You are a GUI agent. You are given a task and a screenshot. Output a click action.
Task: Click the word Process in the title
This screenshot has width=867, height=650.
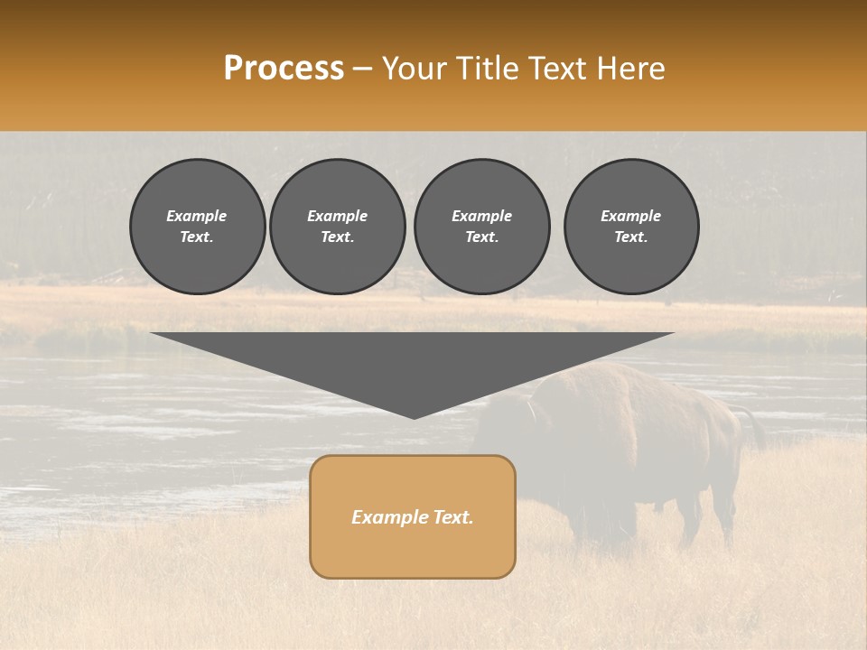pyautogui.click(x=284, y=69)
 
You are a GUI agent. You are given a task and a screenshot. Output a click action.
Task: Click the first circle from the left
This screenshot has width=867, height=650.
pyautogui.click(x=197, y=227)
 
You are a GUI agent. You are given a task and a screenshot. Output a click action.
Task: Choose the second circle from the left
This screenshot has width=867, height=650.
pyautogui.click(x=337, y=227)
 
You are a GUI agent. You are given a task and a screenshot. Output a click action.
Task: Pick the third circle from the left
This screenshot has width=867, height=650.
pyautogui.click(x=481, y=227)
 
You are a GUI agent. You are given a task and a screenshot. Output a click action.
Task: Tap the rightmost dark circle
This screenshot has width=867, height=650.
pyautogui.click(x=630, y=227)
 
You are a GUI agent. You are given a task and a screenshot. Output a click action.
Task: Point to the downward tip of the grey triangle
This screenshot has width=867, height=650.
pyautogui.click(x=414, y=416)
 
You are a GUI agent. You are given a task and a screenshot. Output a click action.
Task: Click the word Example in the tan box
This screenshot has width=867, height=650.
pyautogui.click(x=389, y=517)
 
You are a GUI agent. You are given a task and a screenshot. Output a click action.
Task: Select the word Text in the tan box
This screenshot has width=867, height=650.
pyautogui.click(x=452, y=517)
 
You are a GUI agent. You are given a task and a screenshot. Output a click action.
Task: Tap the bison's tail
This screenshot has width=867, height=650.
pyautogui.click(x=754, y=429)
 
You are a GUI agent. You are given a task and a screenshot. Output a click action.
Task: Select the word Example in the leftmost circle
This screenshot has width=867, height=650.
pyautogui.click(x=197, y=216)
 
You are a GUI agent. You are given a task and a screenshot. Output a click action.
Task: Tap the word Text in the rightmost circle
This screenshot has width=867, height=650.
pyautogui.click(x=630, y=237)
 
